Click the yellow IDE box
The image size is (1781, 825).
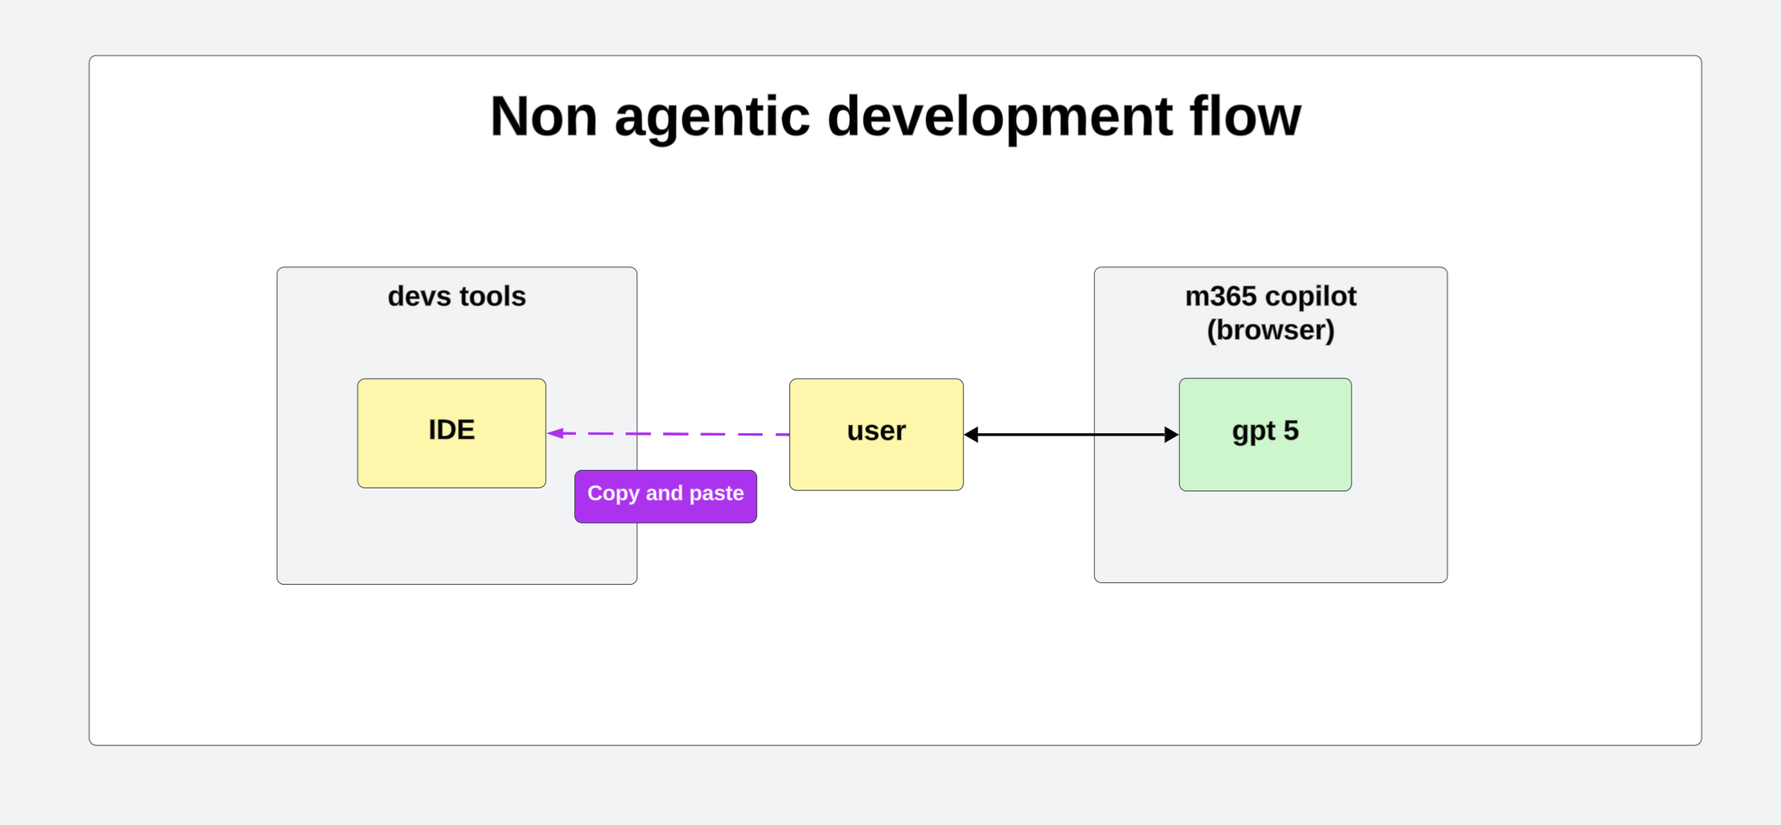click(451, 433)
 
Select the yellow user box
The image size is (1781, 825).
click(876, 434)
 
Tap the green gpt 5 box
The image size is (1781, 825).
click(1265, 434)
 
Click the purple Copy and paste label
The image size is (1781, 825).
click(665, 496)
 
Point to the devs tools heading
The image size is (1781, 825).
click(456, 296)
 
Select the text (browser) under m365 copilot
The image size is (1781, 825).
click(1270, 331)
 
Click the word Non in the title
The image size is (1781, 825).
click(544, 116)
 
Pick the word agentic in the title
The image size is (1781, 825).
click(712, 116)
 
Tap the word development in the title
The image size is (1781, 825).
click(1000, 116)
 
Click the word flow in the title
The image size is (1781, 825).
click(1245, 116)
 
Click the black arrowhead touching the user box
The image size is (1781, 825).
click(972, 435)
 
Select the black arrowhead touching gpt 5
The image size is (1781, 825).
click(1171, 435)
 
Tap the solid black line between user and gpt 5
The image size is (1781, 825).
click(1072, 435)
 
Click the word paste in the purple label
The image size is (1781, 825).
click(717, 494)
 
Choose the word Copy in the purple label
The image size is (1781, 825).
click(613, 494)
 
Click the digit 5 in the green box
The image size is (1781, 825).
click(1291, 430)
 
